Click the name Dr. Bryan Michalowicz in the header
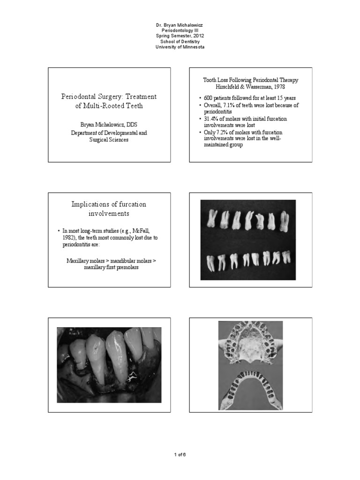(180, 24)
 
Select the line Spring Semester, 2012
(180, 36)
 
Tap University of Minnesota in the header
(180, 47)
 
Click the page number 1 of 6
(180, 454)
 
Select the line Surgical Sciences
(109, 140)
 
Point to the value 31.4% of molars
(210, 119)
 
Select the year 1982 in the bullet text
(69, 238)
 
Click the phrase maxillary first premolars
(109, 267)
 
